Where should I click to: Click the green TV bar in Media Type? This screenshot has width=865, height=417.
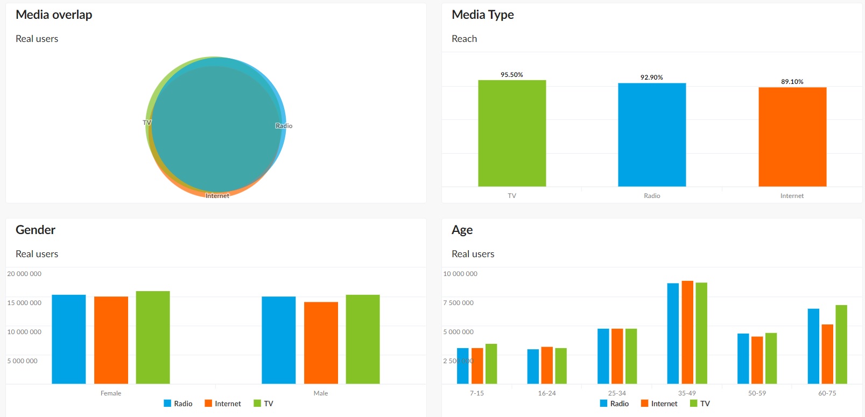[x=512, y=133]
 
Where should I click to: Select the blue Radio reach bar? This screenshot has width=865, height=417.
[x=652, y=135]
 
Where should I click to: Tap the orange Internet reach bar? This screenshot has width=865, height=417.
[x=792, y=137]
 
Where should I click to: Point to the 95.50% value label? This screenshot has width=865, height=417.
[x=512, y=75]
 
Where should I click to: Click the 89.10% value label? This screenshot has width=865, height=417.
[x=792, y=82]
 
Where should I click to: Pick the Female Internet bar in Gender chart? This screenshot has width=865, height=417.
[x=111, y=340]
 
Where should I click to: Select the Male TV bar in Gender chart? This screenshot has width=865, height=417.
[x=363, y=339]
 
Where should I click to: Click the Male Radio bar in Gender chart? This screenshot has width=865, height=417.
[x=279, y=340]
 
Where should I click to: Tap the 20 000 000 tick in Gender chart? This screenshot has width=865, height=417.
[x=24, y=274]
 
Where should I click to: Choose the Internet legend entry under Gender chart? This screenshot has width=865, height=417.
[x=223, y=404]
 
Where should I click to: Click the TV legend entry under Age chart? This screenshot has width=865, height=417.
[x=700, y=404]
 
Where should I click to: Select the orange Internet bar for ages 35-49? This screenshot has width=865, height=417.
[x=687, y=332]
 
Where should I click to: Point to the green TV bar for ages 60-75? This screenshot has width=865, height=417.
[x=841, y=344]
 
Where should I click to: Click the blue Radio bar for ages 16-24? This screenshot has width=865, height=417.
[x=533, y=366]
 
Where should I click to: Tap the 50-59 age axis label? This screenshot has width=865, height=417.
[x=757, y=393]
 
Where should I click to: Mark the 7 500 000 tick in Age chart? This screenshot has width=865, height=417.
[x=459, y=303]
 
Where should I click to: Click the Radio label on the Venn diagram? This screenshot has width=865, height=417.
[x=284, y=126]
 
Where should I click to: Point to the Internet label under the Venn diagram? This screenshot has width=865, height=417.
[x=217, y=196]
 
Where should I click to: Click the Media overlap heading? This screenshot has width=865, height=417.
[x=54, y=15]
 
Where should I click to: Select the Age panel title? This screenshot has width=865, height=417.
[x=462, y=230]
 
